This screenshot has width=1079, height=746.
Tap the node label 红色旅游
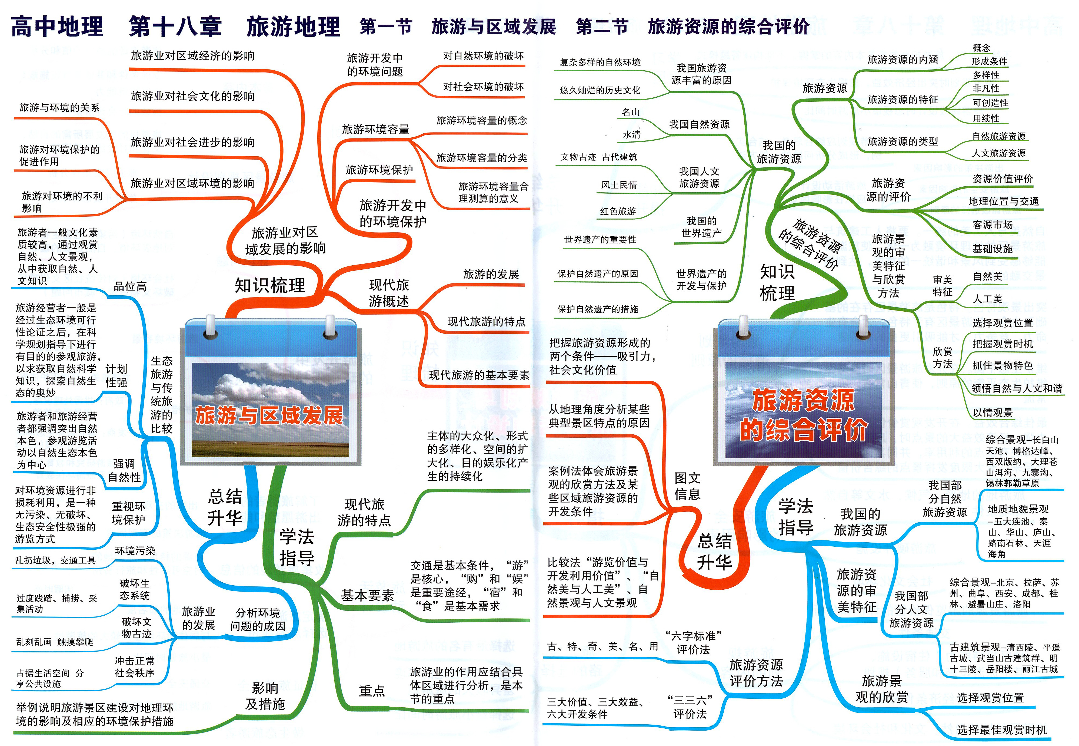click(618, 211)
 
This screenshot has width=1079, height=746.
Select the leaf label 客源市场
click(993, 225)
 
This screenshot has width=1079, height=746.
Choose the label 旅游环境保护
click(379, 170)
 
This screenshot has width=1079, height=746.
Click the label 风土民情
click(619, 185)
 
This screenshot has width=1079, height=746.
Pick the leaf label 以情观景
click(993, 413)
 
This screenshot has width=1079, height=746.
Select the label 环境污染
click(135, 551)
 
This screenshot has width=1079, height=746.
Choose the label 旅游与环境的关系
click(59, 107)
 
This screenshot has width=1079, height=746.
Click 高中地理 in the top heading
click(57, 26)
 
